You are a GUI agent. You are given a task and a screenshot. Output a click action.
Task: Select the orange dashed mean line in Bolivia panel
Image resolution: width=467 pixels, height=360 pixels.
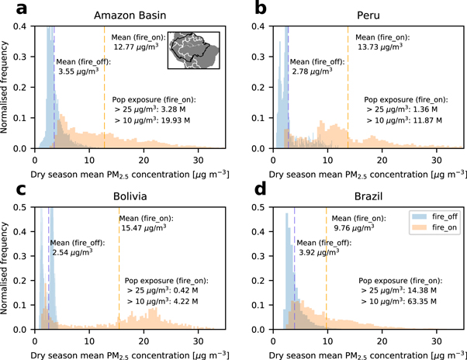[x=119, y=295]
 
